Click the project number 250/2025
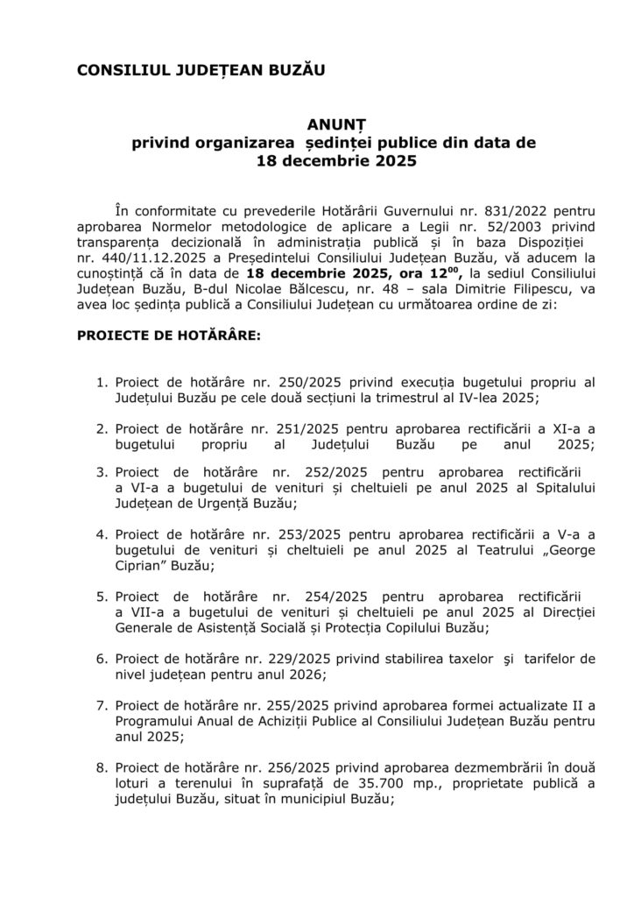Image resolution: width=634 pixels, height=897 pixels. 306,383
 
